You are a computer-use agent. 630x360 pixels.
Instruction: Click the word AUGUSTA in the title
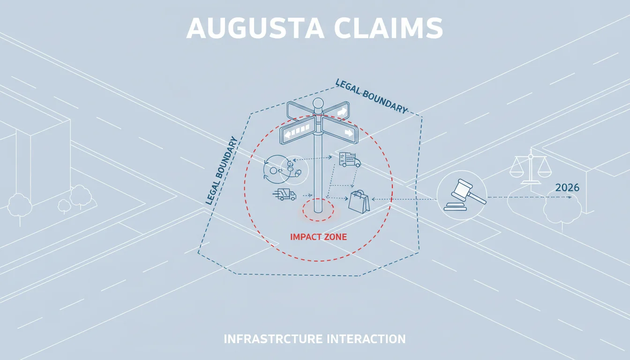[255, 29]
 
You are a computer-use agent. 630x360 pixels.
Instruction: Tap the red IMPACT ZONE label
[318, 237]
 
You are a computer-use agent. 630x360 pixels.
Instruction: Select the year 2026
[567, 187]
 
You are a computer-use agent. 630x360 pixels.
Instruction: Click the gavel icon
[465, 195]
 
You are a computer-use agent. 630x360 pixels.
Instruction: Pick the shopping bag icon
[359, 202]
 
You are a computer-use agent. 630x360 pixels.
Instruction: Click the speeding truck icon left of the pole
[285, 194]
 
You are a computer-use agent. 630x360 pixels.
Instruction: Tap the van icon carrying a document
[350, 159]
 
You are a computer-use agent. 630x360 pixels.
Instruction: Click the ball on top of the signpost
[318, 103]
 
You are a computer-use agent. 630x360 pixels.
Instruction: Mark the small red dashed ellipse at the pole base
[318, 210]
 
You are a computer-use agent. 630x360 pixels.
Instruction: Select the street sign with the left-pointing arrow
[297, 131]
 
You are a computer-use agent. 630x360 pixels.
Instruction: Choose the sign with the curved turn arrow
[337, 111]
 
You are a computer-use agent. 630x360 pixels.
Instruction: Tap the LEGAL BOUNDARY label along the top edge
[372, 97]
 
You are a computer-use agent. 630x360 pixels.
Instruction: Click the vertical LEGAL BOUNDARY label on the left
[221, 171]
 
